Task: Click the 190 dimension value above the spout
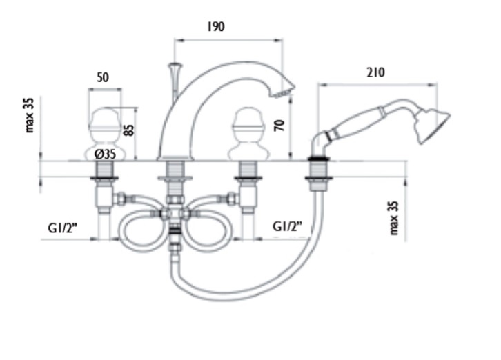tap(216, 26)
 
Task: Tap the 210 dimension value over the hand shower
tap(375, 72)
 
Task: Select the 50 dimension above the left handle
tap(103, 78)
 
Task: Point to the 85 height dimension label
tap(129, 130)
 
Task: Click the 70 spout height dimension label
tap(279, 126)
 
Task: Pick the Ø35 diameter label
tap(105, 154)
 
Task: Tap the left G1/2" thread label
tap(63, 228)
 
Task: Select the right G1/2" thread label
tap(287, 227)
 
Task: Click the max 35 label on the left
tap(29, 115)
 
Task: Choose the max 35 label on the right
tap(393, 218)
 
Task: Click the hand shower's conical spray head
tap(432, 126)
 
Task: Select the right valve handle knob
tap(248, 134)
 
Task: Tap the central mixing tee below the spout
tap(175, 213)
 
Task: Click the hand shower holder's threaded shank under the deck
tap(316, 174)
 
